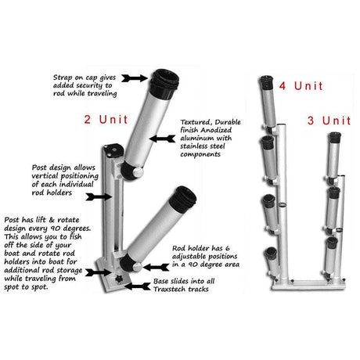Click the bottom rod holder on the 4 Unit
click(x=272, y=259)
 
